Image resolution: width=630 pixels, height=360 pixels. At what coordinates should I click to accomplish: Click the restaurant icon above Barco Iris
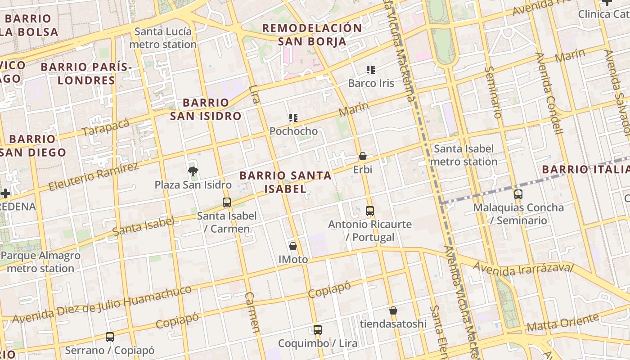371,70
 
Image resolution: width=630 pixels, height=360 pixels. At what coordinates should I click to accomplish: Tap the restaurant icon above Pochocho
293,118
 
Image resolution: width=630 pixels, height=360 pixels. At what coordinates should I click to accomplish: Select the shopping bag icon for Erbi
363,157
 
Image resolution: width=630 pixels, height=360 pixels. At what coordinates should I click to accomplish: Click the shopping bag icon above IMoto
293,246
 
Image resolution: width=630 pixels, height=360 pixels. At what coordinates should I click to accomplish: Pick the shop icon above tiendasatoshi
393,310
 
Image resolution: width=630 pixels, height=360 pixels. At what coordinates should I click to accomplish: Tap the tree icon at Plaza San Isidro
193,171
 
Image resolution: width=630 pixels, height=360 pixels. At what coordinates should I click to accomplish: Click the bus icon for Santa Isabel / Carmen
227,202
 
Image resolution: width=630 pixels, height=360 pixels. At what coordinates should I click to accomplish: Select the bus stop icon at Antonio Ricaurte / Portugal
370,211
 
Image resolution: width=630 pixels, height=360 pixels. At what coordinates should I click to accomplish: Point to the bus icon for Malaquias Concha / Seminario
518,194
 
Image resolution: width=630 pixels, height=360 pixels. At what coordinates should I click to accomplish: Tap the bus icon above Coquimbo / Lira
318,330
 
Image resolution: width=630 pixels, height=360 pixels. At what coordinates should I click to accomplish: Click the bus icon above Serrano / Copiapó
110,337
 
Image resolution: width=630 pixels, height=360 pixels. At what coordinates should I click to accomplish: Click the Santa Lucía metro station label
163,38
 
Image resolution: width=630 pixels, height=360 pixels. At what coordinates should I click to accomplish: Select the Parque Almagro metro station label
40,262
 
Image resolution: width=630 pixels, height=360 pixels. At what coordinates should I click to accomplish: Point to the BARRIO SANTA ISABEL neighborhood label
285,182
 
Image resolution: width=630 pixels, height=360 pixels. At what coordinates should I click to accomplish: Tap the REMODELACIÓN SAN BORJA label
312,35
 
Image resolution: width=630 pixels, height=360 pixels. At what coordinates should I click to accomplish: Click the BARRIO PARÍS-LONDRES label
86,74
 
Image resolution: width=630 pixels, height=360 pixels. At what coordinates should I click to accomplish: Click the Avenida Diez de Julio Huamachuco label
102,304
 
